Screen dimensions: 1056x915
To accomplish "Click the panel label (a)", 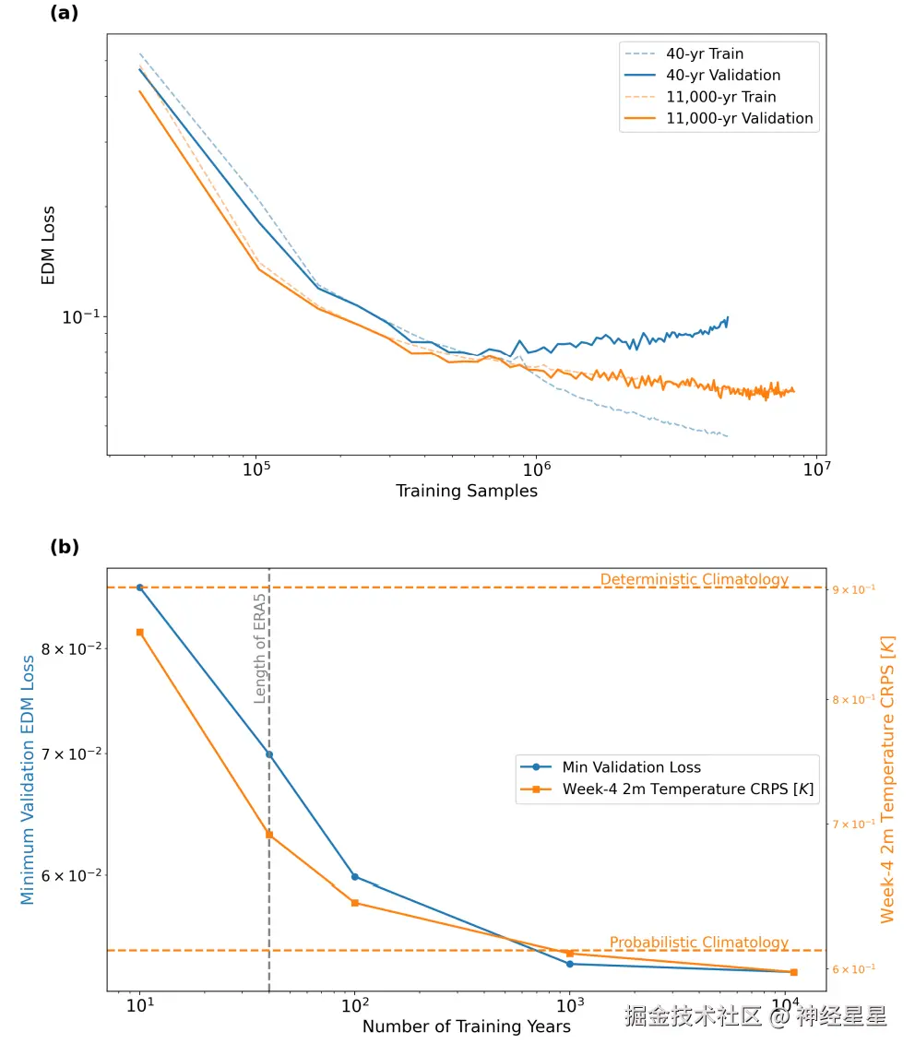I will (65, 12).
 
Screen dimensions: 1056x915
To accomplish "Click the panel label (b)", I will (65, 547).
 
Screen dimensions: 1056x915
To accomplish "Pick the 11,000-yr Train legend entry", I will (720, 97).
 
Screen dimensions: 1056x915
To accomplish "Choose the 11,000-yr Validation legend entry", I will (739, 118).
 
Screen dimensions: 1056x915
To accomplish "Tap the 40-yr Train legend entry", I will (705, 53).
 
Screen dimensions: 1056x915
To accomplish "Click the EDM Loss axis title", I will (48, 244).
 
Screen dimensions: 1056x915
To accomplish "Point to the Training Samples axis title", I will (467, 491).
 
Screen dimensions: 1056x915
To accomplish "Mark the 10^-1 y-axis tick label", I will (80, 317).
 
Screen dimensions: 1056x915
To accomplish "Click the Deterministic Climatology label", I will (695, 579).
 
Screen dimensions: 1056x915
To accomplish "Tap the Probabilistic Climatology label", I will (698, 943).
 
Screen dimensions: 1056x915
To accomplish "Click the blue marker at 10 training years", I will (140, 587).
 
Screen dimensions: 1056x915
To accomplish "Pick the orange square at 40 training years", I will (269, 835).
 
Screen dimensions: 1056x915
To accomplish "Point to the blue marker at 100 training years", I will (355, 877).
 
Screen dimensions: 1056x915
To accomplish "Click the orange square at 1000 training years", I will (570, 954).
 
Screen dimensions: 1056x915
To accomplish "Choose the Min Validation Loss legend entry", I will (631, 767).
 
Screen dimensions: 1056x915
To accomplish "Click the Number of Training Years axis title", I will (467, 1026).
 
